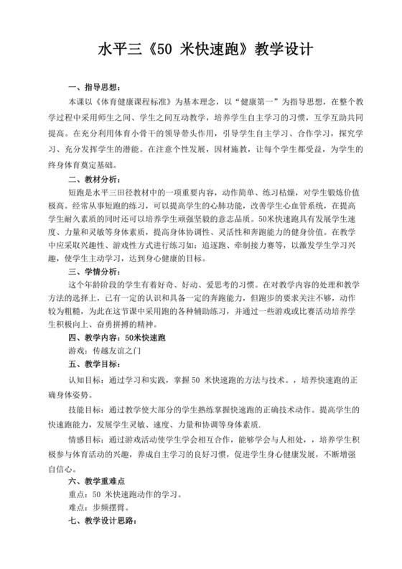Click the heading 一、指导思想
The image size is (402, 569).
tap(90, 88)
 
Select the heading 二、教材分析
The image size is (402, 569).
tap(90, 179)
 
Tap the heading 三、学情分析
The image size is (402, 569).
tap(90, 271)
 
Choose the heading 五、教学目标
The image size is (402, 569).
tap(90, 364)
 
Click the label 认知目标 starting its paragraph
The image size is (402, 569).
tap(85, 381)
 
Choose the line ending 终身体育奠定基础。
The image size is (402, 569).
tap(108, 165)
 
